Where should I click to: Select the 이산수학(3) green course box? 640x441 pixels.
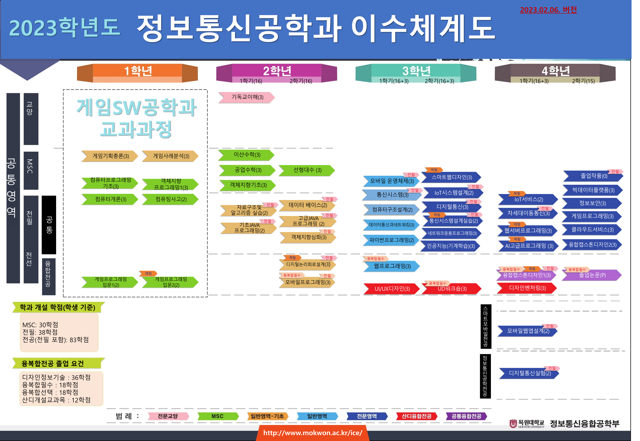pyautogui.click(x=247, y=155)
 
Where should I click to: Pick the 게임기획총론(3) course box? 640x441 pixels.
pyautogui.click(x=110, y=156)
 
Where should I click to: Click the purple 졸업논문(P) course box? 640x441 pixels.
pyautogui.click(x=592, y=275)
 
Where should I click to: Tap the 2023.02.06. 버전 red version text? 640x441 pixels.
pyautogui.click(x=548, y=10)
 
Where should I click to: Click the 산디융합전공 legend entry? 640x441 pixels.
pyautogui.click(x=416, y=416)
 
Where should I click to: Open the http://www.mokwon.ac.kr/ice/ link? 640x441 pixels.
pyautogui.click(x=312, y=433)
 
